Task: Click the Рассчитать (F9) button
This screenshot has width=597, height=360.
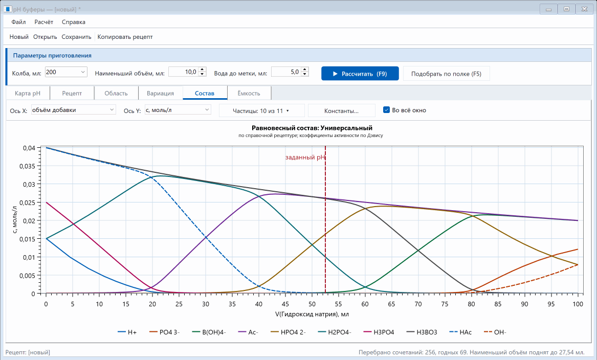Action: pos(360,74)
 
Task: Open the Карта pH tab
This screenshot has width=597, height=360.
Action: pos(28,93)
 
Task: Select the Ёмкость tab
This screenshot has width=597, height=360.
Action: pos(249,93)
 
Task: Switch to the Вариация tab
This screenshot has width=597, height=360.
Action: pos(160,93)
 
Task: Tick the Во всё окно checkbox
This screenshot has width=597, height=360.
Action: pos(386,110)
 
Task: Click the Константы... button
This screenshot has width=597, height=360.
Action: pos(342,111)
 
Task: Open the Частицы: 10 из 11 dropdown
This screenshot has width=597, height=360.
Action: pos(261,111)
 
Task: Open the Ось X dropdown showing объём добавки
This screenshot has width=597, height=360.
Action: pos(74,110)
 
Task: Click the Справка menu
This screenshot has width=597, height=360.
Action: pos(74,22)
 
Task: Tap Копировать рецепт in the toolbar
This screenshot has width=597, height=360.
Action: pos(125,37)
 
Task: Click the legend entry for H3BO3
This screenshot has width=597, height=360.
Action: pos(422,332)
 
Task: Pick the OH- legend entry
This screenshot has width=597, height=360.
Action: pos(495,332)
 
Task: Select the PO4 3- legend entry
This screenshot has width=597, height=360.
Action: pos(165,332)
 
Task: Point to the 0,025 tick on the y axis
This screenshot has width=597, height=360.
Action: pos(28,202)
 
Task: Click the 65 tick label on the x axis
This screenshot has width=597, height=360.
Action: pos(391,304)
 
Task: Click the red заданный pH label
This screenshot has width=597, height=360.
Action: pos(305,157)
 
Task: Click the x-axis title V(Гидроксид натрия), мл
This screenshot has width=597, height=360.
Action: pos(312,314)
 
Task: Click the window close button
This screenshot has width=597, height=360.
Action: pos(584,9)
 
